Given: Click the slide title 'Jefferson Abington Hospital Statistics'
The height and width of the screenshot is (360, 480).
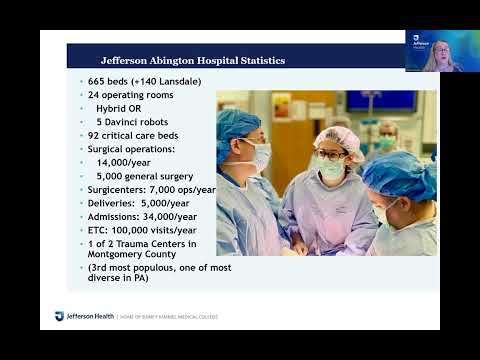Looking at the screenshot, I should pos(193,61).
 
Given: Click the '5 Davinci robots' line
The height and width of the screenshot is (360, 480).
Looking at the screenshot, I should pos(132,121).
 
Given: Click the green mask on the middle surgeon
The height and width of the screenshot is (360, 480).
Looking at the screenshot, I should pos(330,171).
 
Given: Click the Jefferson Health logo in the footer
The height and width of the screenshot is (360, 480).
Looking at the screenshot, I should pos(74,317).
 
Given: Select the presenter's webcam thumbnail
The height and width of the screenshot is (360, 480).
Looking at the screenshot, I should pos(434,50).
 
